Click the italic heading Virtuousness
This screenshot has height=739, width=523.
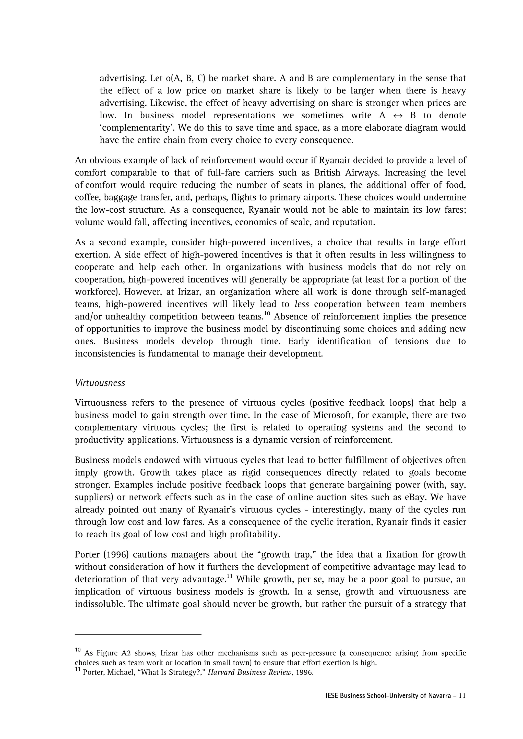100,383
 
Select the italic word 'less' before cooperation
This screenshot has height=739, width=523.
302,304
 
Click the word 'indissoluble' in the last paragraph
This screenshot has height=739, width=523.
100,604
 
